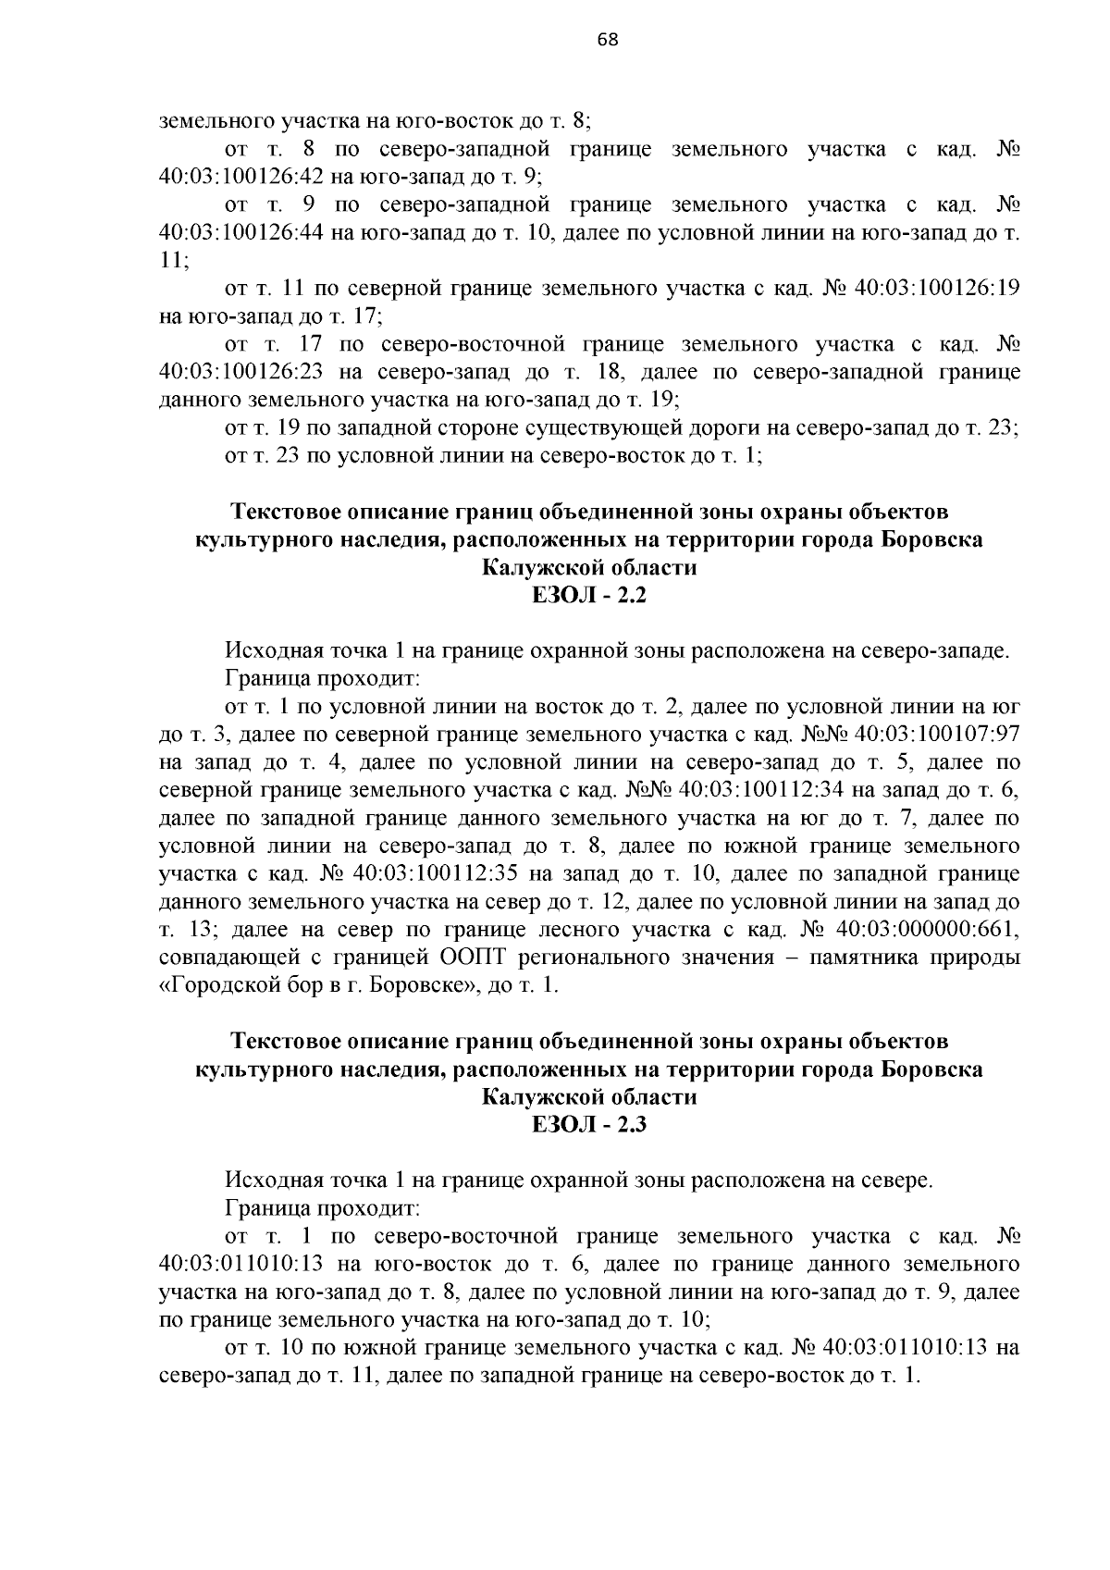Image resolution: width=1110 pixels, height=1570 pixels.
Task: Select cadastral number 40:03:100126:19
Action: [937, 289]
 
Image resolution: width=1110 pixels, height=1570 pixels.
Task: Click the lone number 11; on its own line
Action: [173, 261]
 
